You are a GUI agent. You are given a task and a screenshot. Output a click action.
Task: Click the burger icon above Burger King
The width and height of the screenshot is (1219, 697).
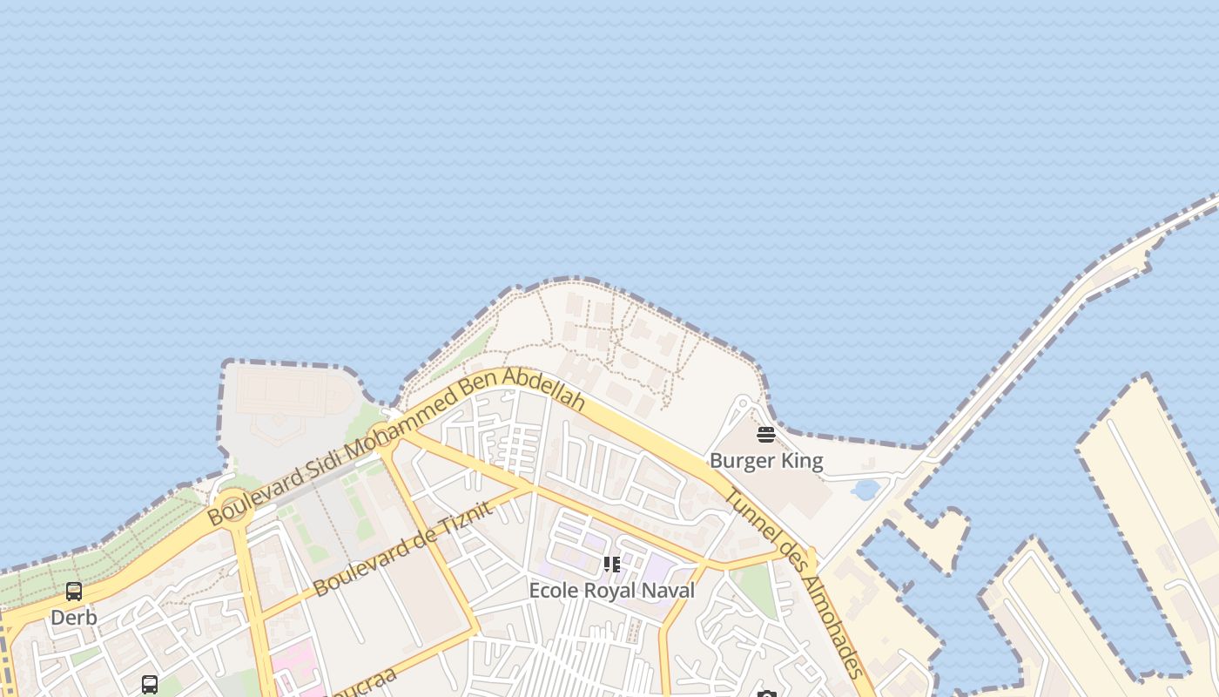766,434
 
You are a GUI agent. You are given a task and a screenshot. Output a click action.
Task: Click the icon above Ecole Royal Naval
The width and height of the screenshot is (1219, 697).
612,565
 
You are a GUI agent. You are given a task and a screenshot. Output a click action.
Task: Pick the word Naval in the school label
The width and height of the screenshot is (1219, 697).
668,591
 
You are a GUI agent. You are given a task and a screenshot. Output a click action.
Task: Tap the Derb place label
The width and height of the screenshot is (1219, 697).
74,618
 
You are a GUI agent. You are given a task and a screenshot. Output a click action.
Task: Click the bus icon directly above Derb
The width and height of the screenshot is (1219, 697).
74,592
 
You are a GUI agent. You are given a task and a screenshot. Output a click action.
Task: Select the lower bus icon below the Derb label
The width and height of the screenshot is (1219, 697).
150,684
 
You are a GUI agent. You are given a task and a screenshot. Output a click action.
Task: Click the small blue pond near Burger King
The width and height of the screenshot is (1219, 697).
865,490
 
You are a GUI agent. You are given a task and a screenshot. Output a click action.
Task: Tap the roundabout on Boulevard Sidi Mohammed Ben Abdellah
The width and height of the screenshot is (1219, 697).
234,505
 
